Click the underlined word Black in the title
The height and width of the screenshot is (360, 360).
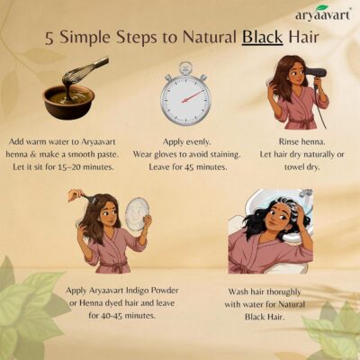[263, 39]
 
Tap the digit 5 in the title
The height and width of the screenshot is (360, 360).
[49, 39]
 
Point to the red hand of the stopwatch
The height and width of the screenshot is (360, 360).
[193, 96]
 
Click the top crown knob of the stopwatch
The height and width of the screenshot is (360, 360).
[185, 67]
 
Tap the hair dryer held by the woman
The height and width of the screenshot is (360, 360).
[316, 76]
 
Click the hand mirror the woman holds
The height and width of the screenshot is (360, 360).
[137, 212]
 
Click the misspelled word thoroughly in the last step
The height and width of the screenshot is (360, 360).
[283, 292]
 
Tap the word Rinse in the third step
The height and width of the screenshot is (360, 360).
[287, 141]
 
